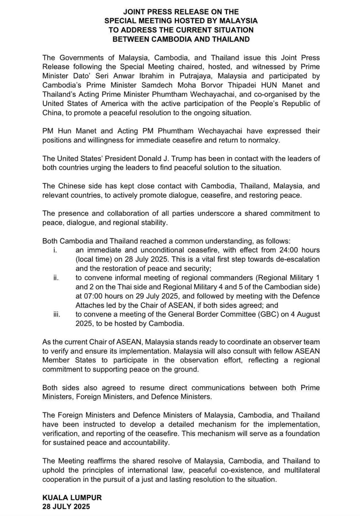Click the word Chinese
pyautogui.click(x=72, y=186)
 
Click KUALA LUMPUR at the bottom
pyautogui.click(x=72, y=498)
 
